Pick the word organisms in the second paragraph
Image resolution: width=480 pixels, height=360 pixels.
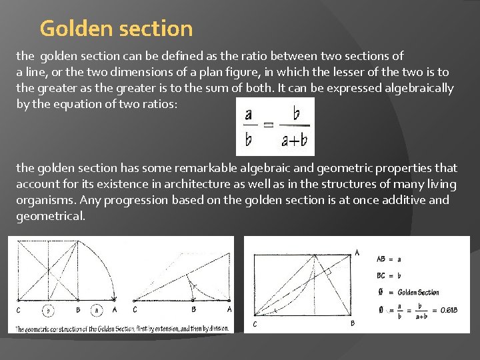(44, 200)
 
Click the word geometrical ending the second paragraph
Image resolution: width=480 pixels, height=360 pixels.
(51, 215)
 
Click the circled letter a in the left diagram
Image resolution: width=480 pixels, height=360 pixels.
(97, 309)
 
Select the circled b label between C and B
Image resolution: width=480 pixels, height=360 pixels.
(48, 309)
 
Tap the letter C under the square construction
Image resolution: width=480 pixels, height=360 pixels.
(19, 309)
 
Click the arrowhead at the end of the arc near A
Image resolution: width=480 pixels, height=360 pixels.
(115, 300)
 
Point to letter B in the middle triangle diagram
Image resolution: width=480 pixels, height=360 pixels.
(193, 309)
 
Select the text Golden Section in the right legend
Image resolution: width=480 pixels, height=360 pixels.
(418, 292)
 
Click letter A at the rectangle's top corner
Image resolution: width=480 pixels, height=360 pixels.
(357, 252)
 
